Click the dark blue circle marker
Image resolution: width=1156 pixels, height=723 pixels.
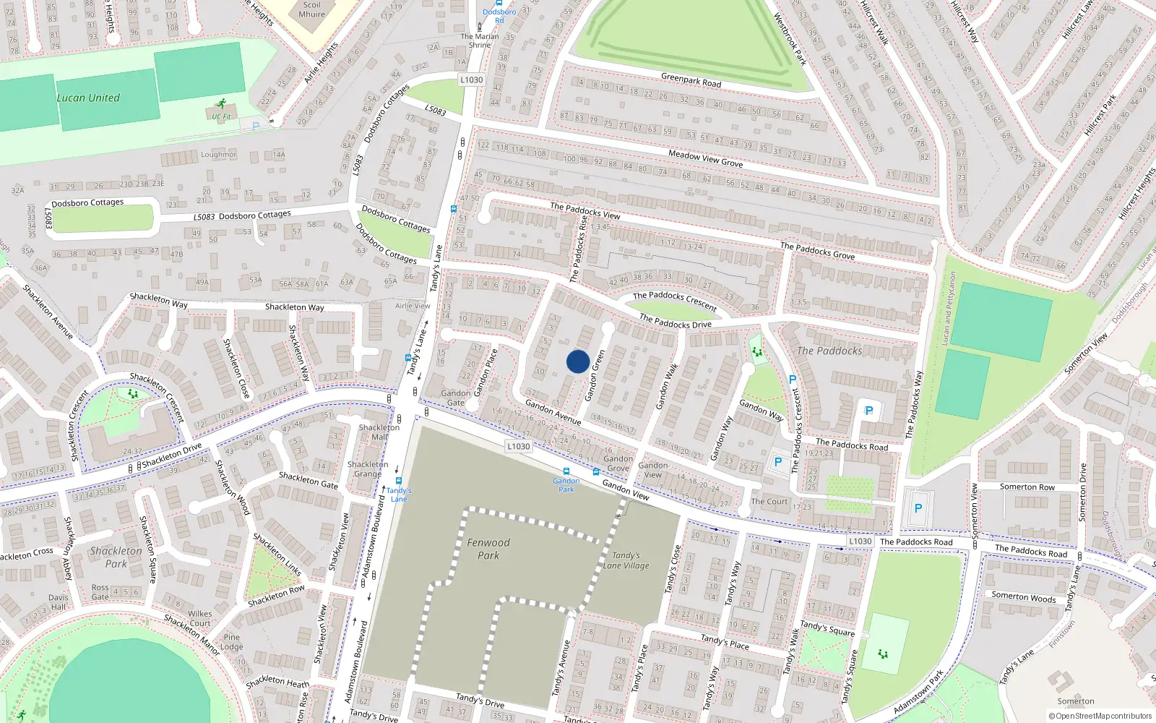click(x=577, y=361)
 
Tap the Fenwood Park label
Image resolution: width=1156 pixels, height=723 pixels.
click(x=488, y=549)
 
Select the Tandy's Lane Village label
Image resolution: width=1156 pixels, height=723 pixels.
click(x=626, y=560)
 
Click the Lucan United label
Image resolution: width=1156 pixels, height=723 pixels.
click(x=88, y=98)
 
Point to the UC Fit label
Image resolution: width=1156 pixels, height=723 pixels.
click(x=221, y=116)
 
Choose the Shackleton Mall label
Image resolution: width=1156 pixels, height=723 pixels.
click(x=379, y=432)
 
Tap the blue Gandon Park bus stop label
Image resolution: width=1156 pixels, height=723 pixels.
click(x=566, y=485)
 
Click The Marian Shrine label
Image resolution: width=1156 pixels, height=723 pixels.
click(x=480, y=40)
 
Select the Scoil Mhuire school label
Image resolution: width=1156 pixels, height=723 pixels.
click(x=312, y=9)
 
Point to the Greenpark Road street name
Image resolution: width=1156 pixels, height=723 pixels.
click(x=691, y=80)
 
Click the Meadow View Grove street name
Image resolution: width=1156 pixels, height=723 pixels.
click(x=705, y=158)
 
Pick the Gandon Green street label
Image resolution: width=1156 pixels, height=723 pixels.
click(x=595, y=376)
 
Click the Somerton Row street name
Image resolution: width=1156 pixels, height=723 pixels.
click(x=1027, y=487)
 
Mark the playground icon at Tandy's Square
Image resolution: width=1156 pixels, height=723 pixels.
click(x=882, y=654)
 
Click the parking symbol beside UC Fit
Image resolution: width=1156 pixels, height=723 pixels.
click(x=255, y=126)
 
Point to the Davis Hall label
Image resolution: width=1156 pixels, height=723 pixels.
click(x=59, y=602)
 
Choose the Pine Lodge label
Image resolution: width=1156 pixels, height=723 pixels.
click(x=232, y=642)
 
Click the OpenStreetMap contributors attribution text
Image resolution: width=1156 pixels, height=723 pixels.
click(x=1100, y=716)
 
